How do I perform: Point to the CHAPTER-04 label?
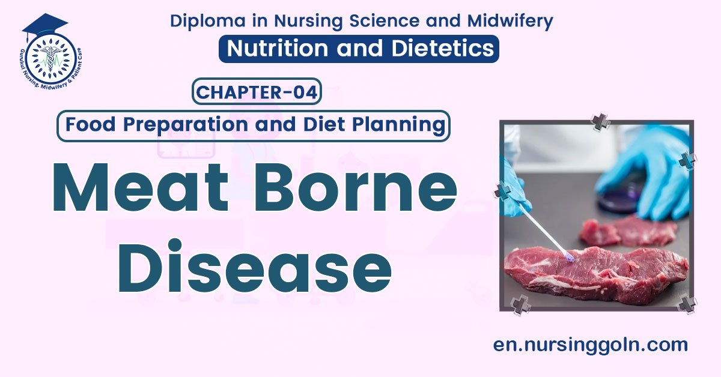(x=257, y=92)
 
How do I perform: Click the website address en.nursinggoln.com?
(x=590, y=345)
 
